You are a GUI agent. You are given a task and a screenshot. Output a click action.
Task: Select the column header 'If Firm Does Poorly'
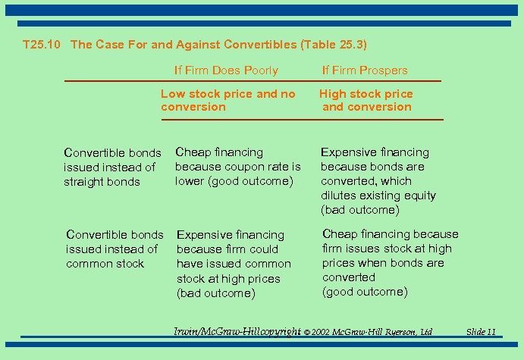pos(226,70)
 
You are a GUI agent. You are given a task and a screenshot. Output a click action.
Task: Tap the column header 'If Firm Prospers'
pos(365,70)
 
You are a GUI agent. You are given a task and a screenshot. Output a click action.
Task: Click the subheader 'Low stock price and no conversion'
pos(227,100)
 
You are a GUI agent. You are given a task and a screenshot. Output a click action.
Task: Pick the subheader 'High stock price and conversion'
pos(366,100)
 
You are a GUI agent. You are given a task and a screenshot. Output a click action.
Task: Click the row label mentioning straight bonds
pos(112,167)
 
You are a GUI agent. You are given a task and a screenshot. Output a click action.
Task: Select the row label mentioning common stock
pos(115,249)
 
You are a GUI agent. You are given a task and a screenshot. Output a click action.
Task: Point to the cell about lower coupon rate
pos(237,166)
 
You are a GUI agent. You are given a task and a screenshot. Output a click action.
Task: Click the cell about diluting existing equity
pos(378,180)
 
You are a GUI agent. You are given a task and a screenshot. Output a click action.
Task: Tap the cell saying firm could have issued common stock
pos(234,264)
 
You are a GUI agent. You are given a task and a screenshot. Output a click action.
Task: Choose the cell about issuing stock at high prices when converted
pos(390,262)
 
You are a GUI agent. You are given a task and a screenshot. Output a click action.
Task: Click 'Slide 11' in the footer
pos(481,332)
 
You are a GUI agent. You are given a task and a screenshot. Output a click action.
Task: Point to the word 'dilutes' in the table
pos(339,196)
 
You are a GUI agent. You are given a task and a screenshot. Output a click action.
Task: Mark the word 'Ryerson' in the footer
pos(399,332)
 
